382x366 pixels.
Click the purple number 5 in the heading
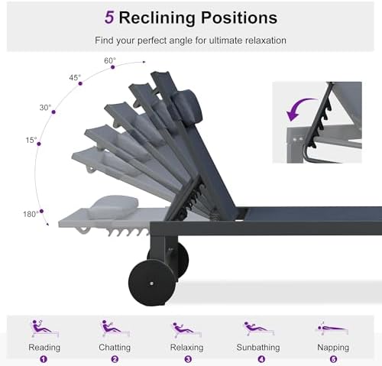point(109,18)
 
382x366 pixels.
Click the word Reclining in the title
point(157,18)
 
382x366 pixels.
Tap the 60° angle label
point(110,60)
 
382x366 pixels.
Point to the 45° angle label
point(75,77)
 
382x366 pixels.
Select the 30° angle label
point(45,108)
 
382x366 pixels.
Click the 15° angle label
point(31,140)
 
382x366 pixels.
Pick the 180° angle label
point(31,214)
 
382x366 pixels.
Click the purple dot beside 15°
point(39,144)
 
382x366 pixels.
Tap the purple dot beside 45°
point(80,83)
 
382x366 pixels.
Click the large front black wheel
point(152,283)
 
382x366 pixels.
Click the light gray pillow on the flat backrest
point(114,206)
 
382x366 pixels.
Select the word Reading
point(44,348)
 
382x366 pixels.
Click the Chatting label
point(115,348)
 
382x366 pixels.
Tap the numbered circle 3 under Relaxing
point(188,359)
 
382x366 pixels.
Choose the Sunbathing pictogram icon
point(259,329)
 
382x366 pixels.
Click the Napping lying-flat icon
point(332,329)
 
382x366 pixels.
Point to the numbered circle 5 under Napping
point(333,359)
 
